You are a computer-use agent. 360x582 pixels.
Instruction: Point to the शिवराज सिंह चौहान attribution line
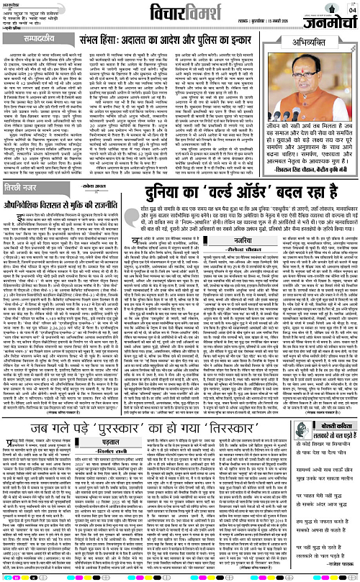(x=318, y=158)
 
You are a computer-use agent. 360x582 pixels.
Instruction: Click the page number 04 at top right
(x=351, y=11)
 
